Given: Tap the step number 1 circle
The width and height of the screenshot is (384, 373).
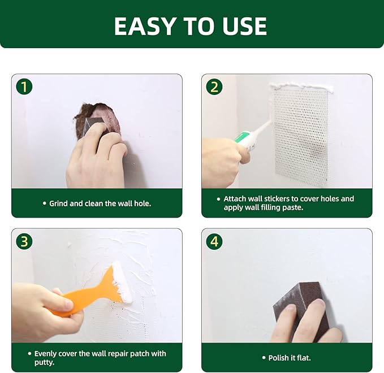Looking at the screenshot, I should coord(24,87).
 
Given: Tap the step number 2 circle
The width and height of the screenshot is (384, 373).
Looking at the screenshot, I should coord(214,87).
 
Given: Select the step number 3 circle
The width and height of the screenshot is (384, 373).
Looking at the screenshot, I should coord(24,241).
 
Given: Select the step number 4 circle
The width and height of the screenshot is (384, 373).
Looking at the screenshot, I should coord(214,241).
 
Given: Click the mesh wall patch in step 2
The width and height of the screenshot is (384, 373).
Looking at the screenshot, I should coord(301,136).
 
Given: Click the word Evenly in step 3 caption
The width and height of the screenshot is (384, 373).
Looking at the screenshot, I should coord(46,354).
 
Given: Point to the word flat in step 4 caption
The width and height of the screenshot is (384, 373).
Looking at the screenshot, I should coord(303,358).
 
